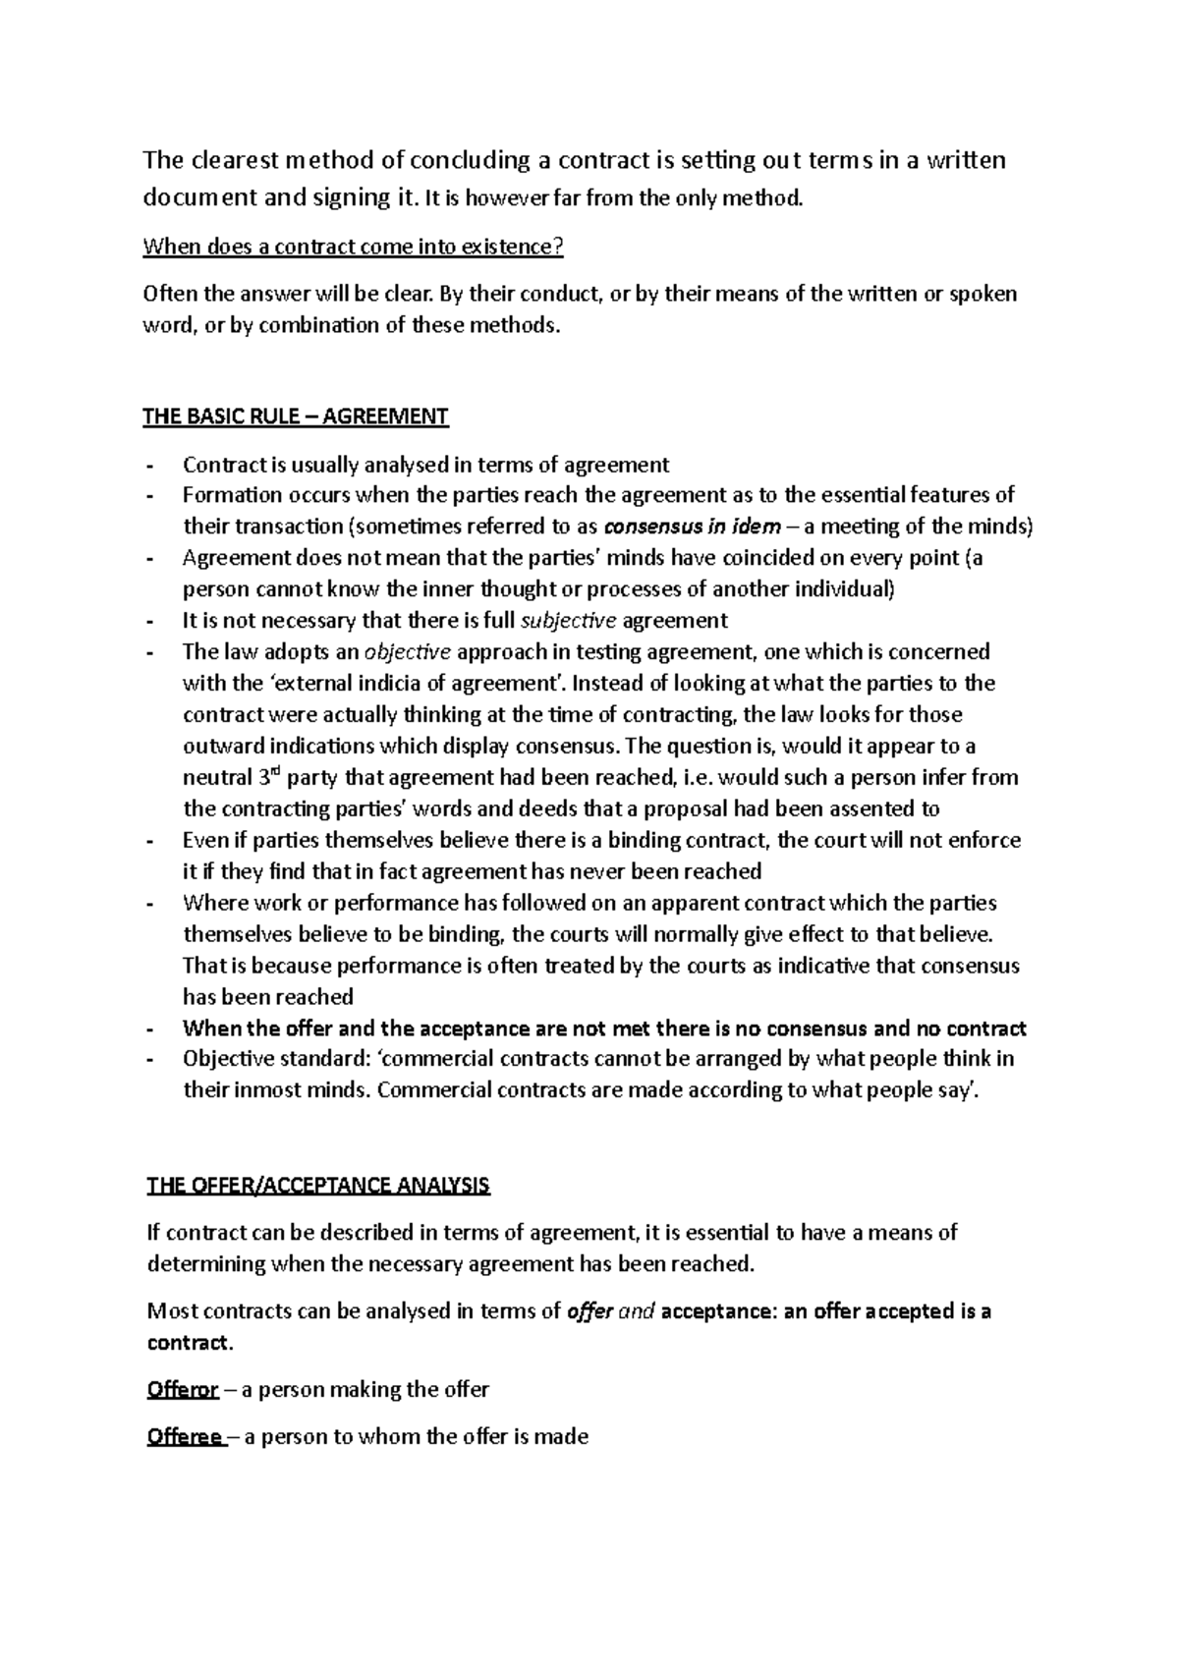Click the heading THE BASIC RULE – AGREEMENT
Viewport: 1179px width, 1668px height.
point(296,417)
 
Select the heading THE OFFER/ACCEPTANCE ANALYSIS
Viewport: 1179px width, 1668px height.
point(317,1185)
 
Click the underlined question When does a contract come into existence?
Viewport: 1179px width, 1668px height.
point(354,247)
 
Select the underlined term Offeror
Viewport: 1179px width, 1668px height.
point(183,1390)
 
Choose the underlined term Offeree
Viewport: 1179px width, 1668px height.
point(185,1437)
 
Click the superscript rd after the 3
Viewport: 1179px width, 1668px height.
point(275,771)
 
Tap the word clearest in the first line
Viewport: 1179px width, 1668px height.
point(227,160)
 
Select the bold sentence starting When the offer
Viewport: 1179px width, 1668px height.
point(604,1029)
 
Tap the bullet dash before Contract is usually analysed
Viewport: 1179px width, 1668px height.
point(149,465)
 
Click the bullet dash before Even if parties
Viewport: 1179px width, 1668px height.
point(149,841)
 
